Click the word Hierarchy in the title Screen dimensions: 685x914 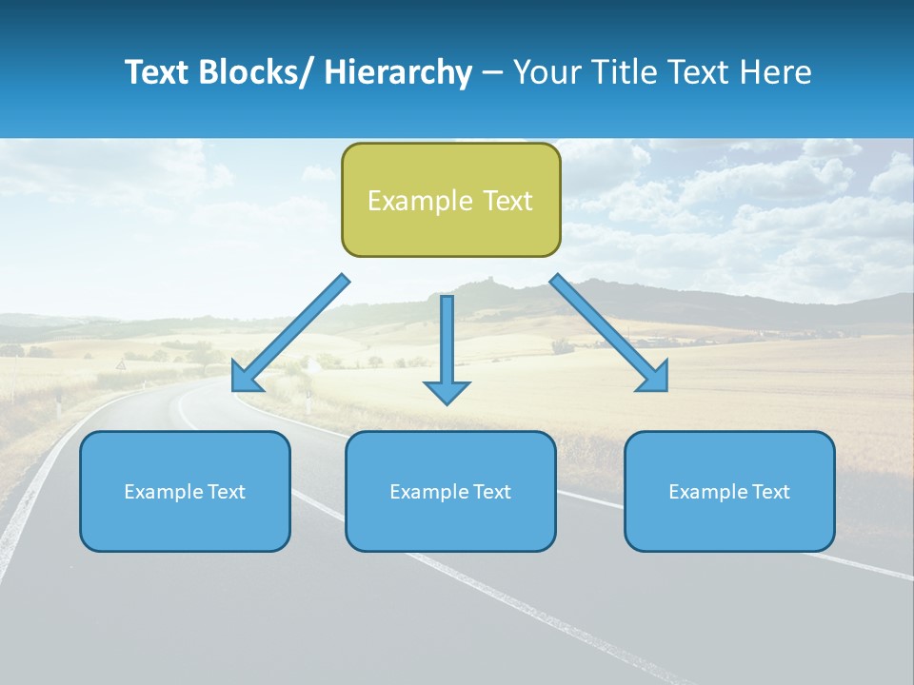pos(398,72)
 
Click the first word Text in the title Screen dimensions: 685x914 pos(157,72)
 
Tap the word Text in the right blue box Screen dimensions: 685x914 pos(769,492)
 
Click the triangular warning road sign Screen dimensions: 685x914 pos(121,365)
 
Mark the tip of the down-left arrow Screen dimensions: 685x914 pos(235,388)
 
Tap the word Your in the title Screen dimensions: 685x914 pos(546,72)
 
